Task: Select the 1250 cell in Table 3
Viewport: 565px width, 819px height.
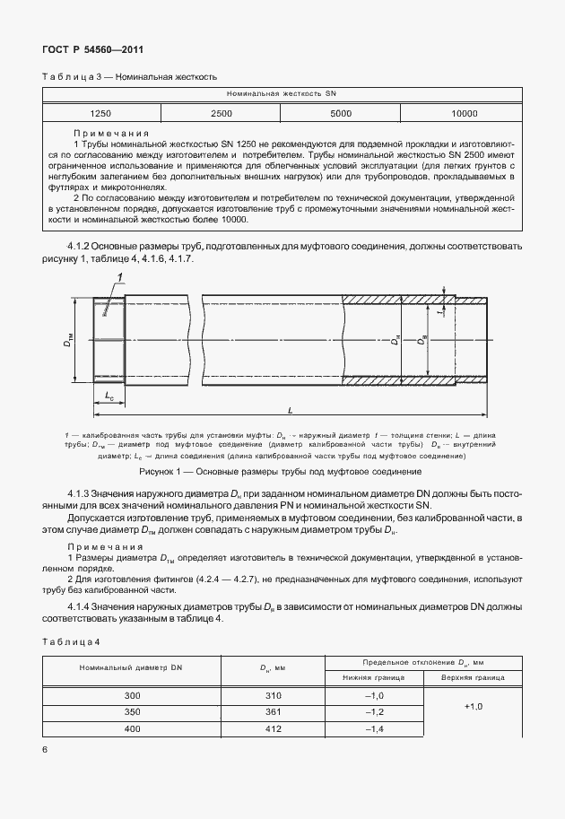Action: tap(101, 114)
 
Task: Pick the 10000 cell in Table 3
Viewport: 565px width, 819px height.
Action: tap(464, 114)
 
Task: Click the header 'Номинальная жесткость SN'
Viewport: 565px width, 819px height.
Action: tap(282, 93)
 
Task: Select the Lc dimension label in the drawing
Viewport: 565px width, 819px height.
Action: tap(109, 394)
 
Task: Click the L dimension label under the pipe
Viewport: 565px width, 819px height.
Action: tap(291, 410)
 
